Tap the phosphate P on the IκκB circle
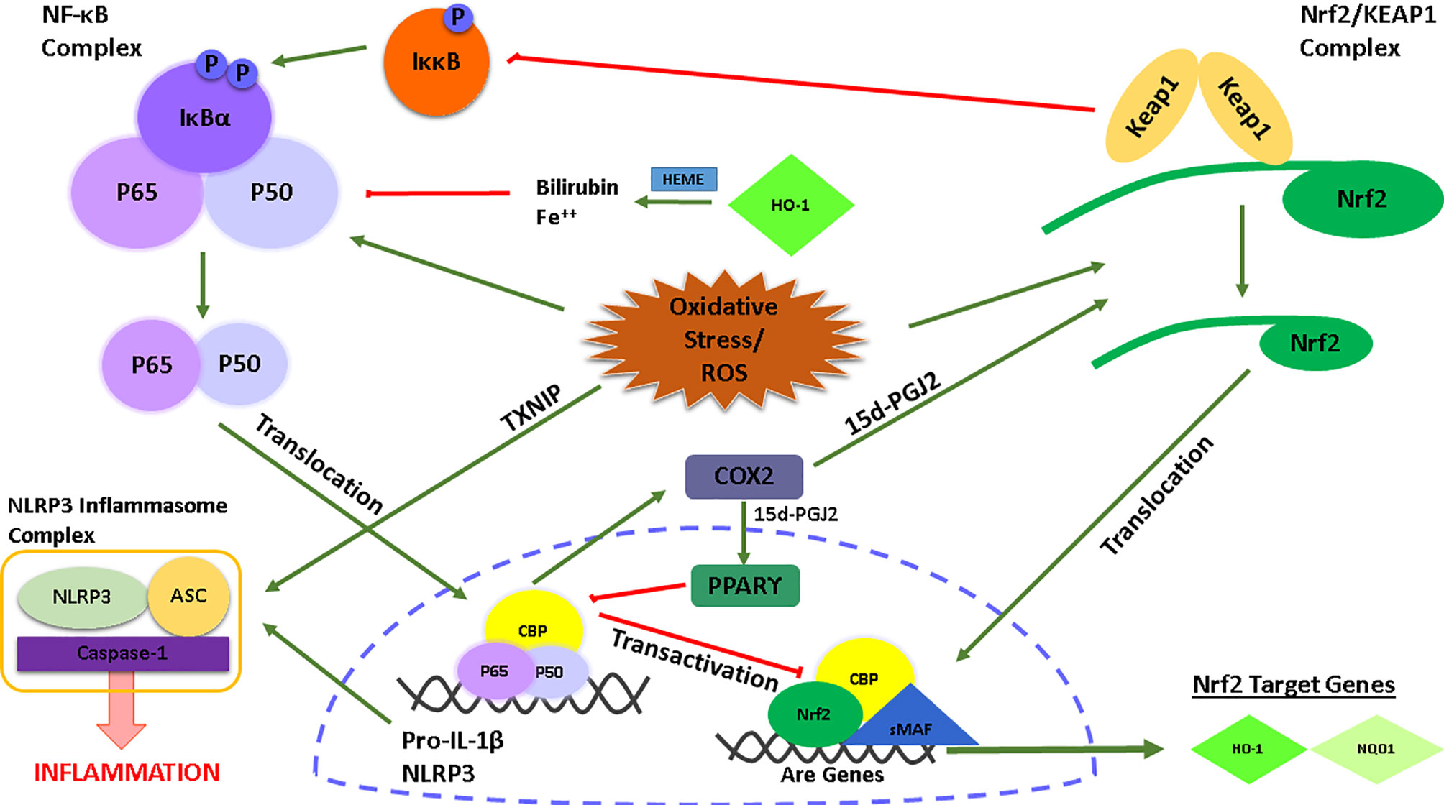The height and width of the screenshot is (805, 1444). tap(457, 17)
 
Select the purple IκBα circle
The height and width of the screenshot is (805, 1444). tap(204, 119)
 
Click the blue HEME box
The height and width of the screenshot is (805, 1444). tap(683, 179)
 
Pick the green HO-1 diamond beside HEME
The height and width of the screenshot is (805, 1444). tap(790, 205)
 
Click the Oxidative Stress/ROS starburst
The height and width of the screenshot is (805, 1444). tap(723, 339)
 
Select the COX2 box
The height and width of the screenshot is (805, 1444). tap(744, 477)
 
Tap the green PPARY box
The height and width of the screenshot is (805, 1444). tap(744, 586)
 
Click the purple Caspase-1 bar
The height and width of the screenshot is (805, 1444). tap(122, 653)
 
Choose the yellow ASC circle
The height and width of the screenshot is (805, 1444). tap(188, 596)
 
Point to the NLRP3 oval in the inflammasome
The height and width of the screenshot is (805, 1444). tap(81, 597)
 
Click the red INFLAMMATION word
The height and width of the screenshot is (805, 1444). tap(127, 773)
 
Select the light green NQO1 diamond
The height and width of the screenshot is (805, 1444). tap(1376, 749)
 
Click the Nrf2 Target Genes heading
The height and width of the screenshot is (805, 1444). tap(1293, 684)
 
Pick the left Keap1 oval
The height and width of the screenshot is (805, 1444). tap(1151, 106)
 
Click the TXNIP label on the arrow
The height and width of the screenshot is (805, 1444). tap(531, 408)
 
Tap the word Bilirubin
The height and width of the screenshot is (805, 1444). tap(577, 188)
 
